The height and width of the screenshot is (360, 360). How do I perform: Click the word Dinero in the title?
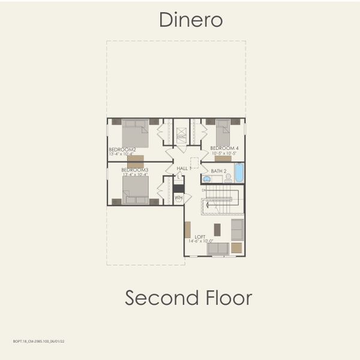(x=191, y=20)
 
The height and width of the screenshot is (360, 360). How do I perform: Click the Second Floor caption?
(x=188, y=298)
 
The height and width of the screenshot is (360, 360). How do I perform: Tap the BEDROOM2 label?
(x=122, y=149)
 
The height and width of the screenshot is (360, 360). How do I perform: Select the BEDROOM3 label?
(x=134, y=170)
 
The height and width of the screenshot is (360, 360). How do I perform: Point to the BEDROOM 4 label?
(x=224, y=148)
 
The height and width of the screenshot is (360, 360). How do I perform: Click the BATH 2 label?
(x=218, y=171)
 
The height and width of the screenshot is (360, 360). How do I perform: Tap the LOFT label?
(x=200, y=236)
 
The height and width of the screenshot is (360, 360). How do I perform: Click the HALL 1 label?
(x=184, y=169)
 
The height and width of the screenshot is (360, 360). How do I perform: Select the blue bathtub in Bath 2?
(x=239, y=173)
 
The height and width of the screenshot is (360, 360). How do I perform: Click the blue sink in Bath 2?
(x=207, y=178)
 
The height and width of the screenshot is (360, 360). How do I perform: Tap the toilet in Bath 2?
(x=228, y=178)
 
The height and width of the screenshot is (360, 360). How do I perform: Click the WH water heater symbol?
(x=178, y=197)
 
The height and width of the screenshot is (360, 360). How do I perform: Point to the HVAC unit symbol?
(x=181, y=137)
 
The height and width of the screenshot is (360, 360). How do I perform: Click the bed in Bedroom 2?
(x=135, y=133)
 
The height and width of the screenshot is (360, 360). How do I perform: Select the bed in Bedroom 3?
(x=136, y=190)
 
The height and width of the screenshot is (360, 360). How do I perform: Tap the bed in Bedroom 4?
(x=223, y=133)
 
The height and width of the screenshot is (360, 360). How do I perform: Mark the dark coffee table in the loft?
(x=217, y=229)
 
